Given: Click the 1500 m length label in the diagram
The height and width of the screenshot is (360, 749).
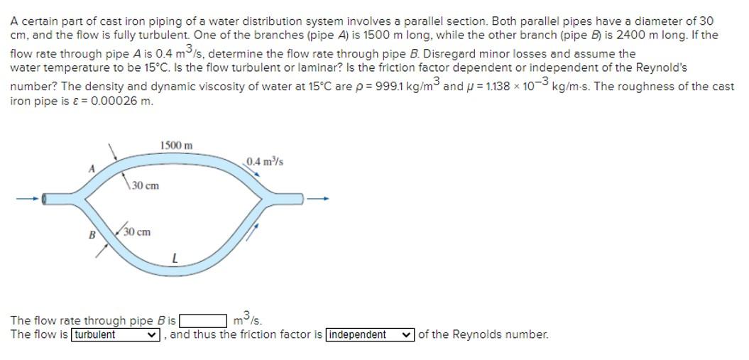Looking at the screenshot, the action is (176, 146).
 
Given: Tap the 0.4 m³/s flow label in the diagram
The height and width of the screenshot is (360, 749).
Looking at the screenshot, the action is (265, 162).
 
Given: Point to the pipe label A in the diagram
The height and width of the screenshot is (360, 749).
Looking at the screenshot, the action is (90, 168).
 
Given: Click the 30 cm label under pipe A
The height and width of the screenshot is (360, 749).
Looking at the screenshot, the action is (145, 185).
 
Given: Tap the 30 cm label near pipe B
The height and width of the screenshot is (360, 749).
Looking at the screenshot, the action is (136, 232).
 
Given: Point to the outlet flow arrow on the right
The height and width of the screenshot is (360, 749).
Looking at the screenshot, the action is (319, 198).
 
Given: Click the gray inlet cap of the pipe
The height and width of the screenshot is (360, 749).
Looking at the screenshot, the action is (45, 199).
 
